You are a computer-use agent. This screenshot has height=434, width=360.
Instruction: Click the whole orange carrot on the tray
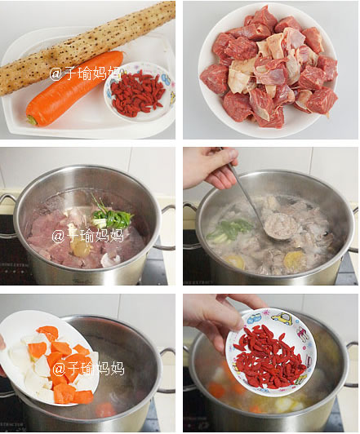coord(75,89)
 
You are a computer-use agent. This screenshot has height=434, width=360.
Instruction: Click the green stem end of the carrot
coord(31,120)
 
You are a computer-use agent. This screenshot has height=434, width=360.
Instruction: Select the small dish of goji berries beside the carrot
coord(140,91)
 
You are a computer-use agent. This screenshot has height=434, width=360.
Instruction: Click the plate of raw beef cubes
coord(268,69)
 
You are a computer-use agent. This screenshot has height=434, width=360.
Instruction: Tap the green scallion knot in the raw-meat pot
coord(111,215)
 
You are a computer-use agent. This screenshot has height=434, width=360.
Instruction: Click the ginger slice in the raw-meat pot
coord(79,246)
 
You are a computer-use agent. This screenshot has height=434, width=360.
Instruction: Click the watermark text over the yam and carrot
coord(86,73)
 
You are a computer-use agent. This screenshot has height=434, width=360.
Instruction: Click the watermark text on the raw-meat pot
coord(87,236)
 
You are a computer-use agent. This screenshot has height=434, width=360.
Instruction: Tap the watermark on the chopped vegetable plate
coord(89,369)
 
